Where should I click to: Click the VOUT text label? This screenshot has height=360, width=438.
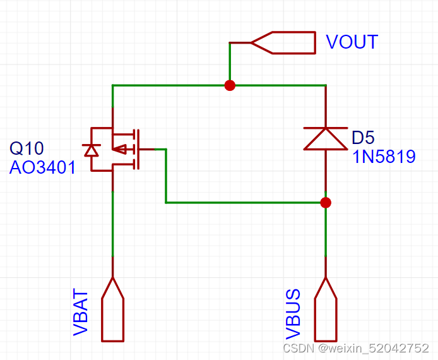click(x=352, y=42)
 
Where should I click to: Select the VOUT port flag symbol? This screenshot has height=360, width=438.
click(x=284, y=42)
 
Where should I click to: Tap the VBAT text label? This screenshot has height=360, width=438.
click(x=80, y=311)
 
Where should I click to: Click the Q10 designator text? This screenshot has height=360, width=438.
click(x=27, y=149)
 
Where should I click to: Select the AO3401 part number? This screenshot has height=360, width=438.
click(x=42, y=167)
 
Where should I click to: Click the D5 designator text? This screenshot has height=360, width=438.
click(x=363, y=137)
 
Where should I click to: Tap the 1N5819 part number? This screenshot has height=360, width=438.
click(x=383, y=156)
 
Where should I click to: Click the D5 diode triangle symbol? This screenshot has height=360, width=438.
click(x=325, y=138)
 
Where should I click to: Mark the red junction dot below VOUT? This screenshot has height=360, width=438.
click(x=230, y=85)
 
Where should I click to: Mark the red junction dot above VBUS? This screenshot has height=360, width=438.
click(x=326, y=202)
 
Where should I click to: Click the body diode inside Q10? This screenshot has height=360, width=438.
click(x=92, y=150)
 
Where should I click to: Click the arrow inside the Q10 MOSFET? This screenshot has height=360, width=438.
click(x=121, y=149)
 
